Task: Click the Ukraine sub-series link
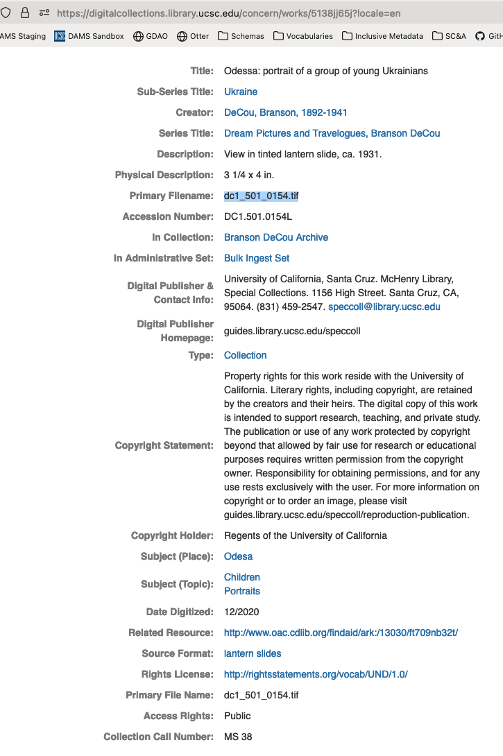[240, 92]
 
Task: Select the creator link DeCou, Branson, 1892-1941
[285, 112]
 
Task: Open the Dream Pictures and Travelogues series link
[332, 133]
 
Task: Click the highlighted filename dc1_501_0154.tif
[261, 196]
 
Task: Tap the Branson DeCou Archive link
[275, 237]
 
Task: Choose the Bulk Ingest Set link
[257, 258]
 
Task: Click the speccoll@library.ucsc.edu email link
[384, 307]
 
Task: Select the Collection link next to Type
[245, 355]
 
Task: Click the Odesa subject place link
[238, 556]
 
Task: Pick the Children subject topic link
[241, 577]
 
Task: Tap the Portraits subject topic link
[241, 591]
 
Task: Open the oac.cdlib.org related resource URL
[341, 633]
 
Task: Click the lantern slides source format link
[253, 653]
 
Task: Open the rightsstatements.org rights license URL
[316, 674]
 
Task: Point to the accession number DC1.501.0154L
[258, 216]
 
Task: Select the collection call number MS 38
[238, 737]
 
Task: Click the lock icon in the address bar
[25, 13]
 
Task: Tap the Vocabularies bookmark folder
[302, 36]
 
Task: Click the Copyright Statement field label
[164, 445]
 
